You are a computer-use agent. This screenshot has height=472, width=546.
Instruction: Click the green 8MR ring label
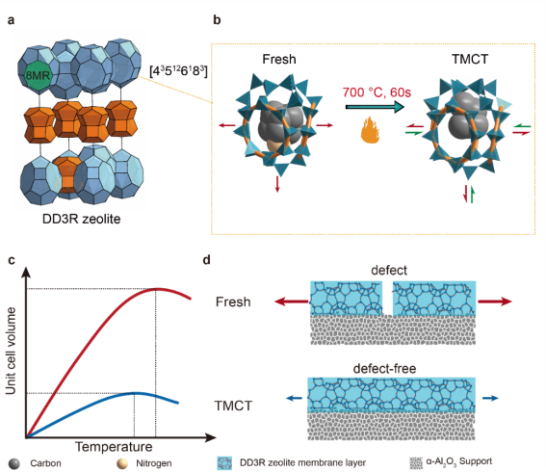coord(39,75)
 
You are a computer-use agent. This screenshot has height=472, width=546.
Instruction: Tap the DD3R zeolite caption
coord(81,219)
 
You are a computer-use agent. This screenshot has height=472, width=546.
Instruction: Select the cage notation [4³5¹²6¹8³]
coord(178,71)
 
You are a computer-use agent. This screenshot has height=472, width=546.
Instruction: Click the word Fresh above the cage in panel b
coord(279,59)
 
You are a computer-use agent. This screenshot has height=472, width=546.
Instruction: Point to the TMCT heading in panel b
coord(470,59)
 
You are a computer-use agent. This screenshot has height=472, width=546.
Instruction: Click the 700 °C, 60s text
coord(377,92)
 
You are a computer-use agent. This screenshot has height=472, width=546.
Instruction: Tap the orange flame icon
coord(370,130)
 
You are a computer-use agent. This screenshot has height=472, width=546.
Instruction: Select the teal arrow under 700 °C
coord(375,107)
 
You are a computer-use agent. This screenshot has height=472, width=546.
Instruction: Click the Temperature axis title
coord(114,447)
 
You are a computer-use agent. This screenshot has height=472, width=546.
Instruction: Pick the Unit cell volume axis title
coord(11,351)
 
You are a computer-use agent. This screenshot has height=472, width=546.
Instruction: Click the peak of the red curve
coord(157,289)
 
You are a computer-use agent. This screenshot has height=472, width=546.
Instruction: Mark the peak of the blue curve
coord(135,393)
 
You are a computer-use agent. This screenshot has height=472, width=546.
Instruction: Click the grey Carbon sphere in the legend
coord(14,463)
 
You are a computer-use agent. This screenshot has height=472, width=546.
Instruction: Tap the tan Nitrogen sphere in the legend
coord(122,463)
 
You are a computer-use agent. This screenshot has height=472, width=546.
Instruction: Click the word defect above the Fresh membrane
coord(389,271)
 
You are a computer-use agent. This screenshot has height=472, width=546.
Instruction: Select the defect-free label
coord(384,369)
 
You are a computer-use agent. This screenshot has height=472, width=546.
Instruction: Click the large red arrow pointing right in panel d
coord(495,302)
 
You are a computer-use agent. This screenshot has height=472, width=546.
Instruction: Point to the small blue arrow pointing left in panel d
coord(295,398)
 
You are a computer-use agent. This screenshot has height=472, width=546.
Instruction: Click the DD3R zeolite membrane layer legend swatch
coord(224,463)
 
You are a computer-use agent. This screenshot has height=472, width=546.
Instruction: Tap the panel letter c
coord(12,260)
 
